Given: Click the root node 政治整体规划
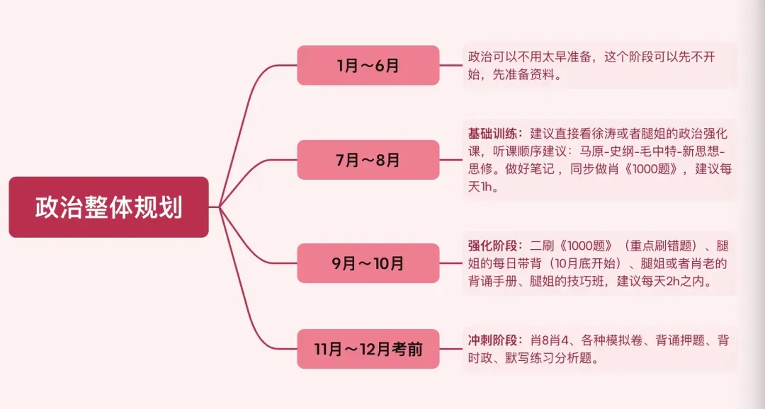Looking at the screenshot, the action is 108,207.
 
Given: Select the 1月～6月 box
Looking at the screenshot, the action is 368,66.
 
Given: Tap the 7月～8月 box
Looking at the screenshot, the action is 368,160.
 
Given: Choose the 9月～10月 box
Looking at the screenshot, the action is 368,263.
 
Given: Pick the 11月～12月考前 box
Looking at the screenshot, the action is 368,349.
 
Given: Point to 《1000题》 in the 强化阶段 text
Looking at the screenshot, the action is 575,246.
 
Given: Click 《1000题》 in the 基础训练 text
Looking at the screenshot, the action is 652,170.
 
